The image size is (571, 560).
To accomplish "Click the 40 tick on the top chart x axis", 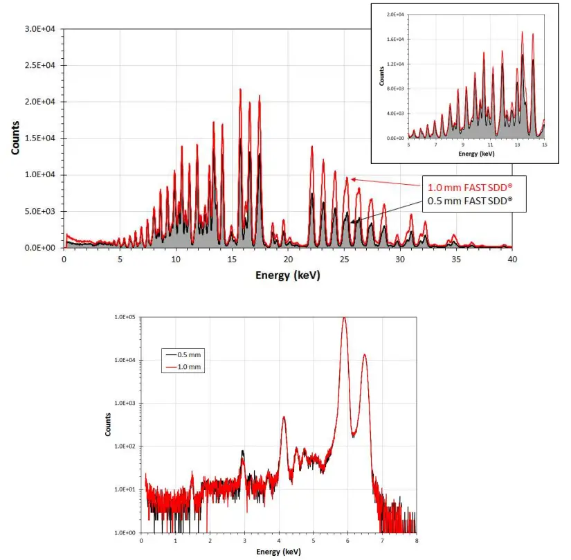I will click(511, 259).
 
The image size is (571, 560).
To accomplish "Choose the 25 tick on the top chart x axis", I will click(344, 259).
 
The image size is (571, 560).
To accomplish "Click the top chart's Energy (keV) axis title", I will click(287, 275).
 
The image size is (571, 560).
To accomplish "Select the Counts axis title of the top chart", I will click(15, 138).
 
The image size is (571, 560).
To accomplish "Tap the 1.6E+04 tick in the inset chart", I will click(395, 39).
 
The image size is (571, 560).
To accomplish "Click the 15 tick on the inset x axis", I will click(544, 145).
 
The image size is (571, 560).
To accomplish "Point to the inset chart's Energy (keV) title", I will click(475, 153).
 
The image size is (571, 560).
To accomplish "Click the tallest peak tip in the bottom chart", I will click(344, 318).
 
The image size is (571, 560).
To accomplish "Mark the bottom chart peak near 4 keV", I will click(284, 417).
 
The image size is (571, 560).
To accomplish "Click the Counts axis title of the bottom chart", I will click(108, 424).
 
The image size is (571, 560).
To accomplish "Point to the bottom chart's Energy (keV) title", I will click(278, 552).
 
